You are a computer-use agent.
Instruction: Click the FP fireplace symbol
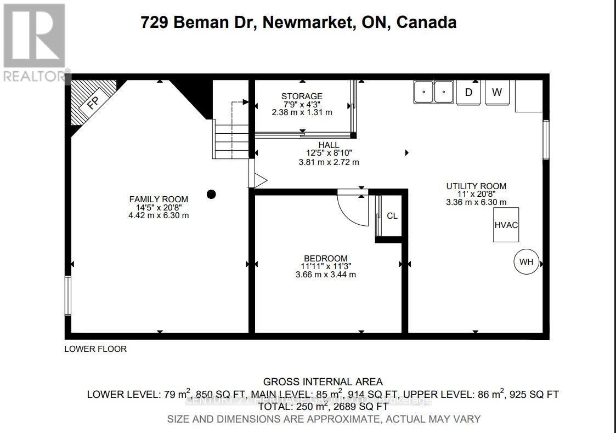tap(93, 102)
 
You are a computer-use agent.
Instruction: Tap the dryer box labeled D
tap(468, 92)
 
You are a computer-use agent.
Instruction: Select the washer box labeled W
tap(496, 92)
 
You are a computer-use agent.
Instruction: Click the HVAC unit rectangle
tap(506, 225)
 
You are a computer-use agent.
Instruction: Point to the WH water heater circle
tap(526, 261)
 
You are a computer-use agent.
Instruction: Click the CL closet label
tap(392, 216)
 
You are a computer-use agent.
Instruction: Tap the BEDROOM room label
tap(326, 258)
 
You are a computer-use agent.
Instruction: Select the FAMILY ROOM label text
tap(159, 200)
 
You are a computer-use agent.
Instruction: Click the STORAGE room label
tap(302, 96)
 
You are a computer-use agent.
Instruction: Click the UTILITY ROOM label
tap(476, 186)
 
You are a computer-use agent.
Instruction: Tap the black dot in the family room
tap(211, 194)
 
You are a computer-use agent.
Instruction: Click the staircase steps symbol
tap(231, 140)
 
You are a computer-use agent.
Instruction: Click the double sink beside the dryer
tap(433, 92)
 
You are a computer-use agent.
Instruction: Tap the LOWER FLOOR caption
tap(95, 349)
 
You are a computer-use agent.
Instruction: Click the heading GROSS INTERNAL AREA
tap(323, 381)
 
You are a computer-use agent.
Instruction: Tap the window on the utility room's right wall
tap(546, 139)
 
